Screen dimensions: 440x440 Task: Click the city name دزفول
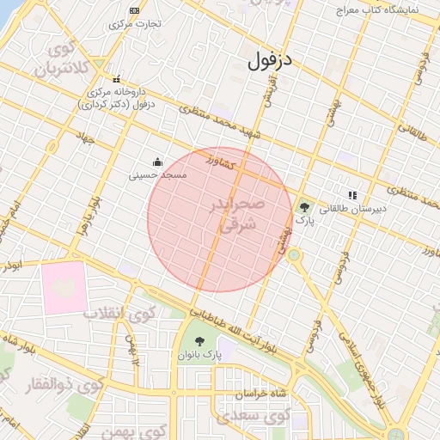click(x=271, y=61)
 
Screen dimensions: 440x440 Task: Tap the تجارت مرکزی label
click(x=134, y=24)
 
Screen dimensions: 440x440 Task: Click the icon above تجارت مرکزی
click(x=134, y=10)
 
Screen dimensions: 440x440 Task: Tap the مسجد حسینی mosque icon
click(x=157, y=161)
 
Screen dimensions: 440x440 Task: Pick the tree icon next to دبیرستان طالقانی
click(x=304, y=207)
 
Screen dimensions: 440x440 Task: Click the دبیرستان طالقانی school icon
click(x=351, y=195)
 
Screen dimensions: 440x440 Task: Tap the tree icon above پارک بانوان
click(x=200, y=342)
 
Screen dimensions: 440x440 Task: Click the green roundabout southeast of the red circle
click(x=294, y=254)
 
